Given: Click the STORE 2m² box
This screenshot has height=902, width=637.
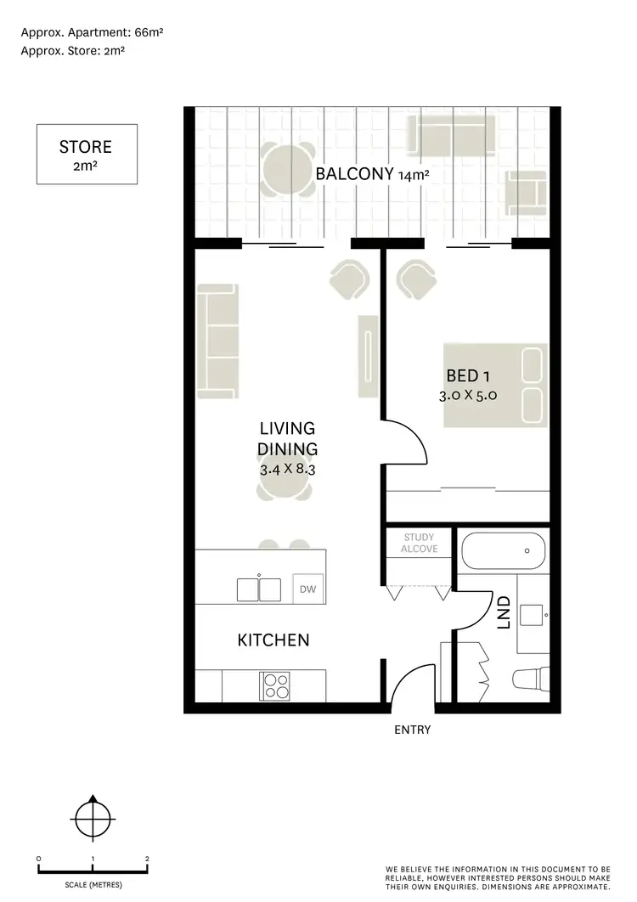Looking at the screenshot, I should [87, 155].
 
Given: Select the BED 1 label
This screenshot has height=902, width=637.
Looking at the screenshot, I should [469, 375].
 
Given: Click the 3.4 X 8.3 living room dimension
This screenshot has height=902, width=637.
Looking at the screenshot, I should [287, 468].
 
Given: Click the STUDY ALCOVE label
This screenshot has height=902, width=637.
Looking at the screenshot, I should [419, 544].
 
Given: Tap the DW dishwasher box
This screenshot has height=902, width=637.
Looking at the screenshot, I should [307, 588].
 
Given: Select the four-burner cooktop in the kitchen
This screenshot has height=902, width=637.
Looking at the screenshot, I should [275, 685].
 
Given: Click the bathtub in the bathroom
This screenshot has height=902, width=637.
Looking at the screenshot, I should [503, 552].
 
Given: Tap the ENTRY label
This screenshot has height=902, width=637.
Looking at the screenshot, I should [412, 730].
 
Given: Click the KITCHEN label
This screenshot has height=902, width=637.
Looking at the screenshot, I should [273, 640].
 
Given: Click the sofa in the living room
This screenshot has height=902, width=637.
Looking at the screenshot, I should [217, 341].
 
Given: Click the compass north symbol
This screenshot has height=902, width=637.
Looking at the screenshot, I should [92, 820].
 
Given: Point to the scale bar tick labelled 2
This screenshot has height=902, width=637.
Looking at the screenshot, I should [147, 860].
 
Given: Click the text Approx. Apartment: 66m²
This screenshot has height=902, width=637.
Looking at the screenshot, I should [92, 32].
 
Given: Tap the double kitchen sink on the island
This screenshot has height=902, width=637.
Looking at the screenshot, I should [259, 589].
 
